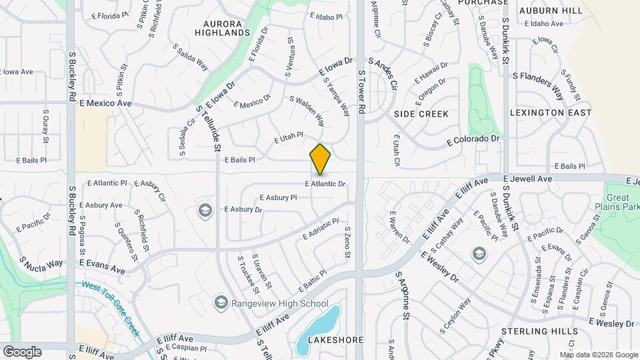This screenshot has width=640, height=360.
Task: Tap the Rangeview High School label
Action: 280,304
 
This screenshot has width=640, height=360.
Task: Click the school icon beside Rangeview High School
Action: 221,304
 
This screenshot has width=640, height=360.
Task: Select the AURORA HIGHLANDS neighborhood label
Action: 222,27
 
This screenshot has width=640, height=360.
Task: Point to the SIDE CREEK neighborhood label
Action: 421,114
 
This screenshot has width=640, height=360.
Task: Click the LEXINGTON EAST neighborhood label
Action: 550,113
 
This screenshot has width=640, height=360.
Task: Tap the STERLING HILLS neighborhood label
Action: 549,331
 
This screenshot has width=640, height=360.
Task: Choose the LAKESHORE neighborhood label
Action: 336,340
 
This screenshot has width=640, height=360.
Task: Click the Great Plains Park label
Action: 621,203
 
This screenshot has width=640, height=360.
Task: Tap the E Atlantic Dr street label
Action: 325,183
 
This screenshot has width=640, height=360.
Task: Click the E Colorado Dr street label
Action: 473,139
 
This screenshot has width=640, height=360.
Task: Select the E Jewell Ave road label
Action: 528,179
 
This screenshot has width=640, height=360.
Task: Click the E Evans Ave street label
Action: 102,267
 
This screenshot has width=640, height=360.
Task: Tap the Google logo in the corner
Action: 22,352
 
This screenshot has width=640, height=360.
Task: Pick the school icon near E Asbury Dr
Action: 205,211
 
